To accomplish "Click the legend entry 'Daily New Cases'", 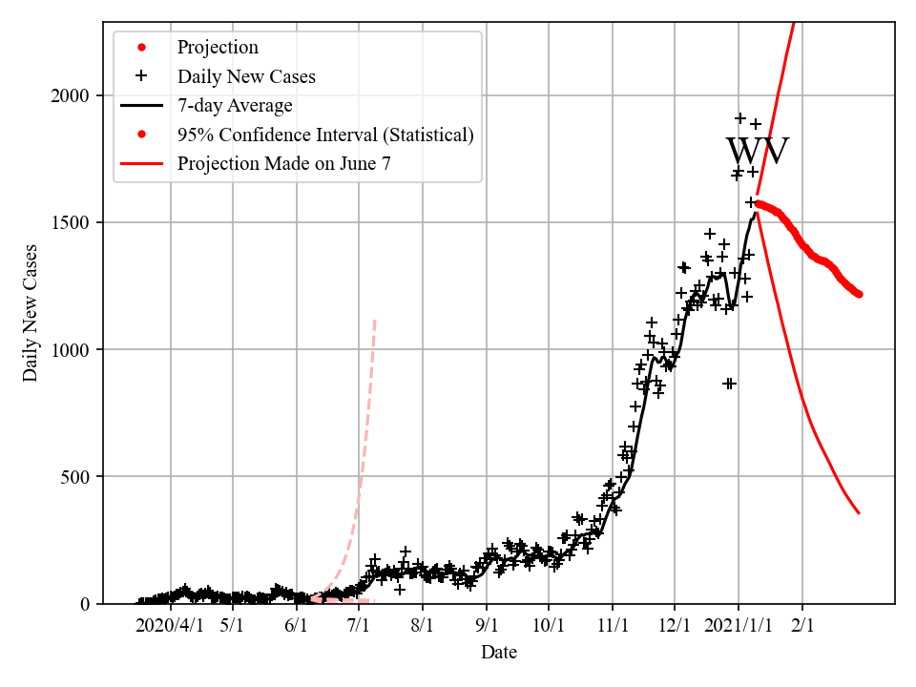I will point(246,76).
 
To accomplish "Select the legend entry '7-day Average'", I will point(235,106).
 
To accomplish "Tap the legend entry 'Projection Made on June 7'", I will point(283,164).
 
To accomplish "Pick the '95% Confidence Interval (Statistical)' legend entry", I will point(324,135).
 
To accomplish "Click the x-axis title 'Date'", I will point(499,653).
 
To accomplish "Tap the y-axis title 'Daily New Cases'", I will point(31,312).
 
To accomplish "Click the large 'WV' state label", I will point(758,153).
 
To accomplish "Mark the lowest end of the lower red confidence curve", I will point(859,513).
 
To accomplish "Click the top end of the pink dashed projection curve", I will point(375,320).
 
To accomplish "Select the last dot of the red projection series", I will point(859,294).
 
